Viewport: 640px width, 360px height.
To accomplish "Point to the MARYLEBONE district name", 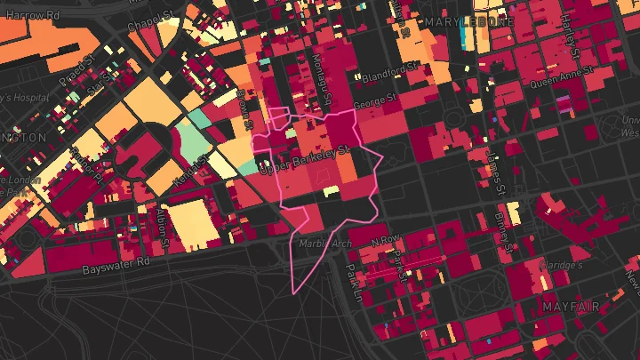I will pyautogui.click(x=468, y=21).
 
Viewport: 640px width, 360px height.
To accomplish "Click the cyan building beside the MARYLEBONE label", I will pyautogui.click(x=465, y=37).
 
